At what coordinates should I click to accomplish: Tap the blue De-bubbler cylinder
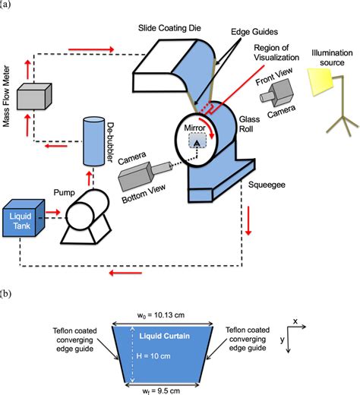click(x=92, y=141)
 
